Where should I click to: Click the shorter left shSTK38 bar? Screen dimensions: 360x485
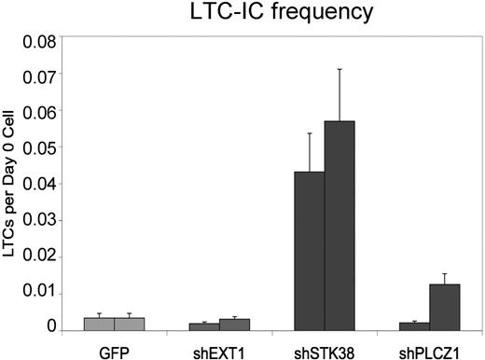click(x=309, y=251)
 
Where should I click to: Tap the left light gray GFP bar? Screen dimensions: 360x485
click(x=99, y=324)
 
